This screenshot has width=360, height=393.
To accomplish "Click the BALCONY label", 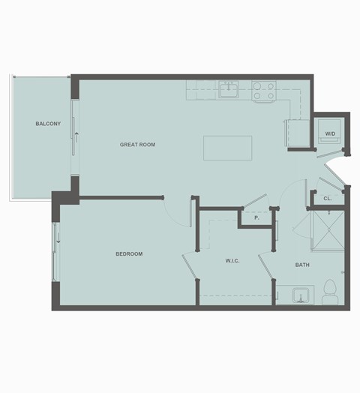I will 48,124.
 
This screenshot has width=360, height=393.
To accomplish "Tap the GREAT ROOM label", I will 137,144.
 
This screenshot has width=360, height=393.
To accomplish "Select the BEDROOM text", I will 129,254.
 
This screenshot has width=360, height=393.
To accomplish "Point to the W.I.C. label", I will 232,261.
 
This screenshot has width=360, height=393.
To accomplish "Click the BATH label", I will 302,264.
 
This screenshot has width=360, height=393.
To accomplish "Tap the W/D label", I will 330,133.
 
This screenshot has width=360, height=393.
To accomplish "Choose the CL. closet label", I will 328,199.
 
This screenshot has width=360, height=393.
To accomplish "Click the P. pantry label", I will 256,217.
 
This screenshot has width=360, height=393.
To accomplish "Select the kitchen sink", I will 229,91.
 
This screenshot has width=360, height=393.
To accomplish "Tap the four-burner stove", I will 264,91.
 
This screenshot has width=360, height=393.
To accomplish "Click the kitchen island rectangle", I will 227,148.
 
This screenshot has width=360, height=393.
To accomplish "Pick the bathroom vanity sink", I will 303,294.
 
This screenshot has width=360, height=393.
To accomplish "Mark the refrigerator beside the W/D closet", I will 293,133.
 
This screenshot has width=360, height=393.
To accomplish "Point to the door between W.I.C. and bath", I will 266,266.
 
